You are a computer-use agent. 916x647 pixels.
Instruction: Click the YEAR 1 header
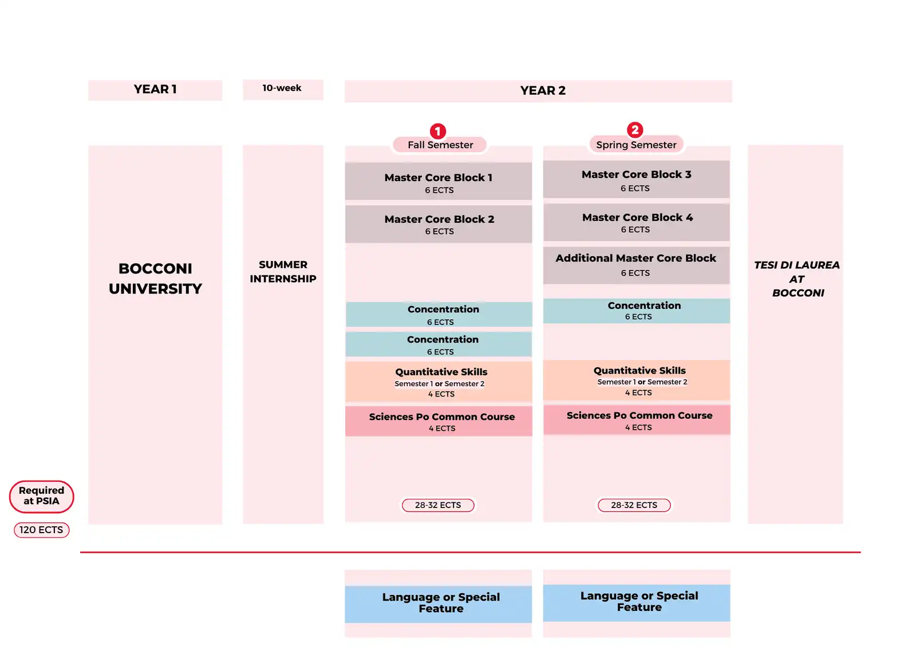click(x=155, y=90)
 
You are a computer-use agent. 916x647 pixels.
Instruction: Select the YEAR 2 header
click(x=538, y=91)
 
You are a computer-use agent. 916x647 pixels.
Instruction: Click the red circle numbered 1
click(x=438, y=131)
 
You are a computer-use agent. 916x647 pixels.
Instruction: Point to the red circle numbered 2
click(x=635, y=130)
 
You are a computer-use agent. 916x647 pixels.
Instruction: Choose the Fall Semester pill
click(x=440, y=145)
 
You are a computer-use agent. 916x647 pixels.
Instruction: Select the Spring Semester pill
click(x=636, y=144)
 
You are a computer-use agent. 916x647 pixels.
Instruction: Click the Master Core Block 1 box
click(x=439, y=181)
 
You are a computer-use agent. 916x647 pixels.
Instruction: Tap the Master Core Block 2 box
click(x=439, y=224)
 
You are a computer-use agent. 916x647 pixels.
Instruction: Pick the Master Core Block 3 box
click(x=636, y=180)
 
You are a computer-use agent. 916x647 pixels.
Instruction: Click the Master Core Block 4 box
click(x=636, y=223)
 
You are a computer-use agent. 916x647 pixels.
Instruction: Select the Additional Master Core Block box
click(x=636, y=265)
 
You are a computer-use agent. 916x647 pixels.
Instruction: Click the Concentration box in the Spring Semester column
click(x=637, y=311)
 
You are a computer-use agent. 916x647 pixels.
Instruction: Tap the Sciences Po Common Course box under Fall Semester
click(x=439, y=421)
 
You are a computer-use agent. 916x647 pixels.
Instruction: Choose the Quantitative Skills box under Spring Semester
click(x=637, y=380)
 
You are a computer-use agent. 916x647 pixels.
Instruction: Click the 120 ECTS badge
click(x=42, y=530)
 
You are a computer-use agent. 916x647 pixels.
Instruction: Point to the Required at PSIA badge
click(x=42, y=497)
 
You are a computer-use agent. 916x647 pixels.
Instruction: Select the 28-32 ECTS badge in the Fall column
click(x=438, y=505)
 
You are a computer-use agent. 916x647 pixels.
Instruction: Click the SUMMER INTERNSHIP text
click(x=283, y=272)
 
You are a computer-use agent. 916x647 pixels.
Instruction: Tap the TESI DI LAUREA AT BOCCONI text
click(x=796, y=279)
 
